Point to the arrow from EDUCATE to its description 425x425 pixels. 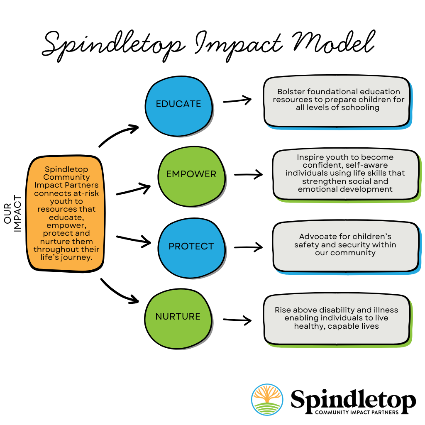point(237,100)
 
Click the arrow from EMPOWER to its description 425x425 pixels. point(248,174)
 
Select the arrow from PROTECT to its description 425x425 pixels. point(248,247)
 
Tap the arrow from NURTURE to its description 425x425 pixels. point(237,320)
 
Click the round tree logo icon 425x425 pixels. point(267,400)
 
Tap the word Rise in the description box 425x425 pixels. point(283,310)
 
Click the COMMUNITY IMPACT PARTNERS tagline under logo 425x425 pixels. point(357,412)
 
